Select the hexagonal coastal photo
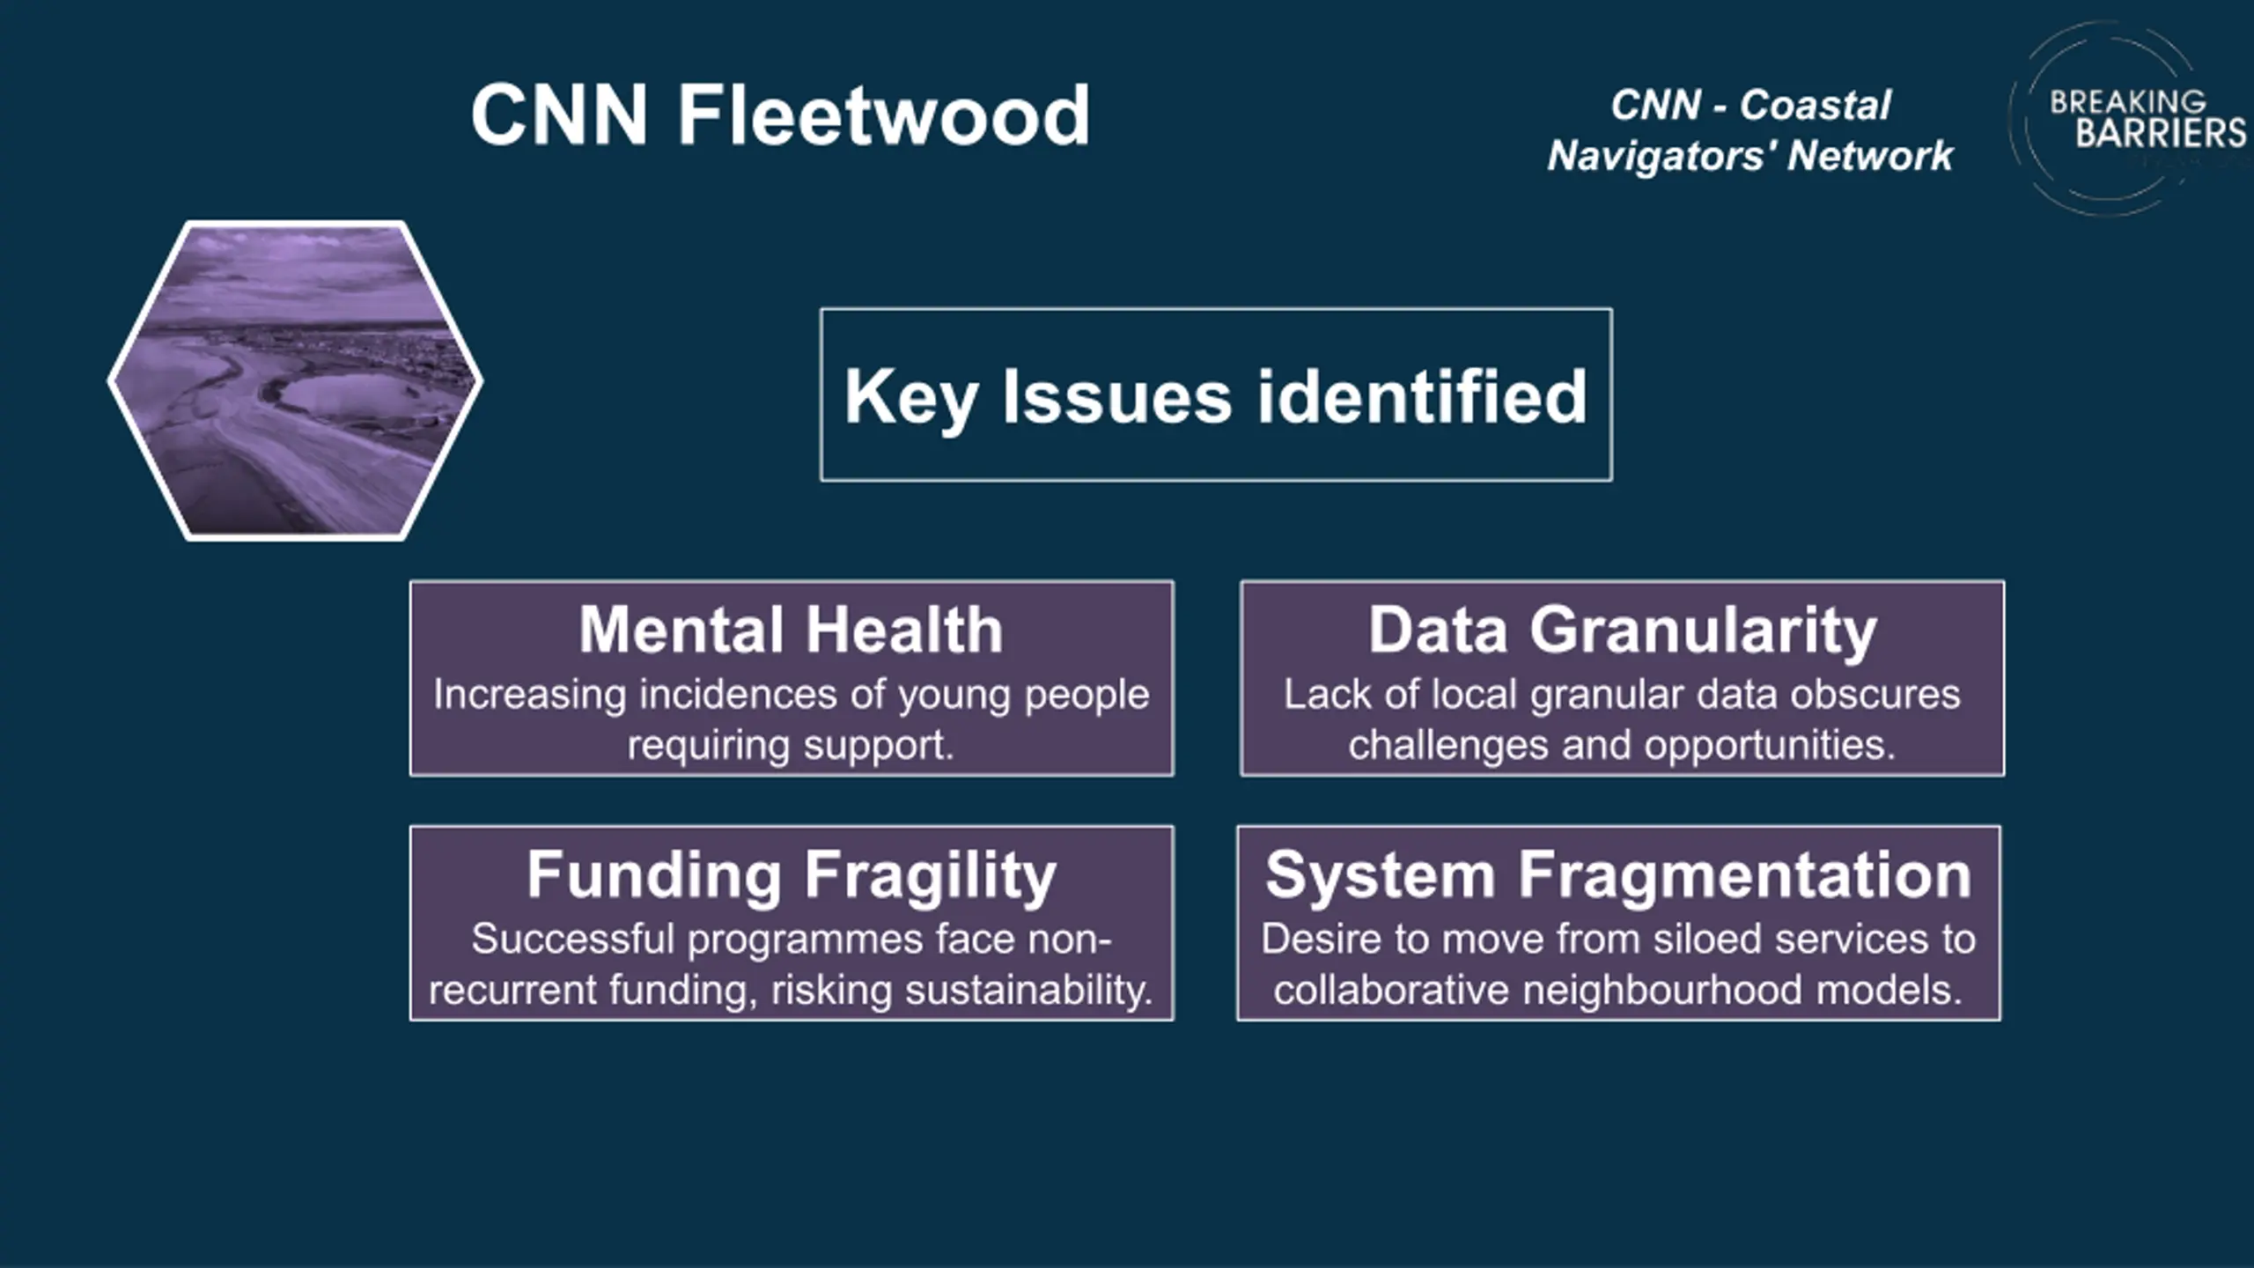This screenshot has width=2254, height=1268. tap(295, 380)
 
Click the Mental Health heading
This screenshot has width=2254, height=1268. tap(791, 630)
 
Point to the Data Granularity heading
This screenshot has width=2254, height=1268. tap(1622, 631)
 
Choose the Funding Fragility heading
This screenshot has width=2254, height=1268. tap(791, 876)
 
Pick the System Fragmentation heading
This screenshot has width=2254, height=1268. tap(1618, 876)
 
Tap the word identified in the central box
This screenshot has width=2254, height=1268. tap(1422, 396)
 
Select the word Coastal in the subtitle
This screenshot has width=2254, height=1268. tap(1815, 106)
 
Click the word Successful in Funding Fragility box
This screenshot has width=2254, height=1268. tap(573, 939)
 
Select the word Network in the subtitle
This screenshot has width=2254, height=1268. tap(1871, 156)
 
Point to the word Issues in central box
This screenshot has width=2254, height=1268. tap(1117, 396)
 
